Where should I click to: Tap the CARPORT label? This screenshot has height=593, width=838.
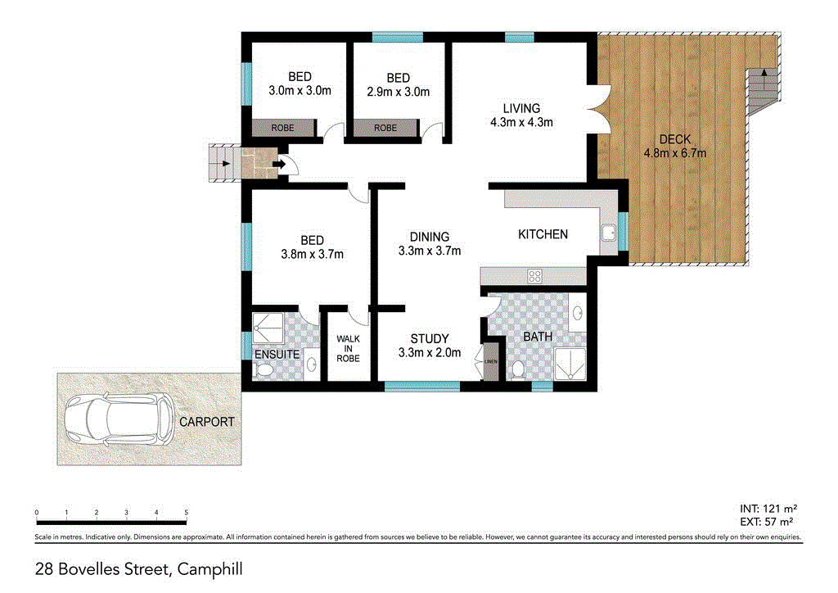pyautogui.click(x=208, y=423)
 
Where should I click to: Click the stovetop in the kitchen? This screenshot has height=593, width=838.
pyautogui.click(x=535, y=275)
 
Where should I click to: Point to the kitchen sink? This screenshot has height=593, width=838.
pyautogui.click(x=608, y=234)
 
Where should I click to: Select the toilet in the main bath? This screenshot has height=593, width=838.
pyautogui.click(x=517, y=369)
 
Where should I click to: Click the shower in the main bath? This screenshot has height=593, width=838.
pyautogui.click(x=570, y=363)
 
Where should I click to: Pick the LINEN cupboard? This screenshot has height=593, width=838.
pyautogui.click(x=491, y=360)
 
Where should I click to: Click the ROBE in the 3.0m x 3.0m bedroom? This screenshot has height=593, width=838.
pyautogui.click(x=283, y=128)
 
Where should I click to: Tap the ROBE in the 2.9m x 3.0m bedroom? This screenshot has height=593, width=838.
pyautogui.click(x=385, y=128)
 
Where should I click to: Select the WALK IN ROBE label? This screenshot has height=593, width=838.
pyautogui.click(x=348, y=348)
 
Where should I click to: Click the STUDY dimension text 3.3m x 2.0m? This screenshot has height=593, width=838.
pyautogui.click(x=429, y=353)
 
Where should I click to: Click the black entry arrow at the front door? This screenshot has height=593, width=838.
pyautogui.click(x=279, y=165)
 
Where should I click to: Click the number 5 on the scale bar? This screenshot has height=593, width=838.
pyautogui.click(x=187, y=513)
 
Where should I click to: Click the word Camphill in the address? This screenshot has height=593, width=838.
pyautogui.click(x=209, y=568)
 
